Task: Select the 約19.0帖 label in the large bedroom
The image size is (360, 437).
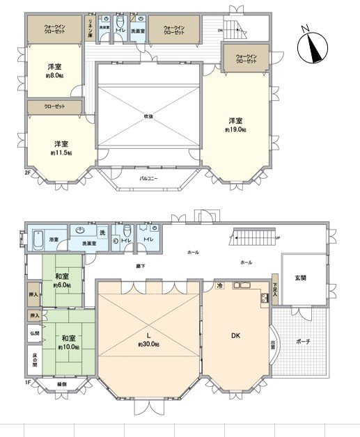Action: point(235,129)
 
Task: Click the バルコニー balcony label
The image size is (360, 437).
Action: point(149,177)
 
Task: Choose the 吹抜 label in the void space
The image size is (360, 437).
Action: point(149,116)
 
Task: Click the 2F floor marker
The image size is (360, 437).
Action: point(28,172)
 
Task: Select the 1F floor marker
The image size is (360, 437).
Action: point(28,382)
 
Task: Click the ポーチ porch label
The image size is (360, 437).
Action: point(303,342)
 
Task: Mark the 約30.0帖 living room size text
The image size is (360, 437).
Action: point(149,344)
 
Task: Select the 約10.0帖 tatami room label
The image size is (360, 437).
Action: point(68,347)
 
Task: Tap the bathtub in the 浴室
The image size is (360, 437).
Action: point(37,239)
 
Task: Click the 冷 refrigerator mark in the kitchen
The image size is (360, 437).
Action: point(219,286)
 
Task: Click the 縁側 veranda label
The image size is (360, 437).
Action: point(61,383)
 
